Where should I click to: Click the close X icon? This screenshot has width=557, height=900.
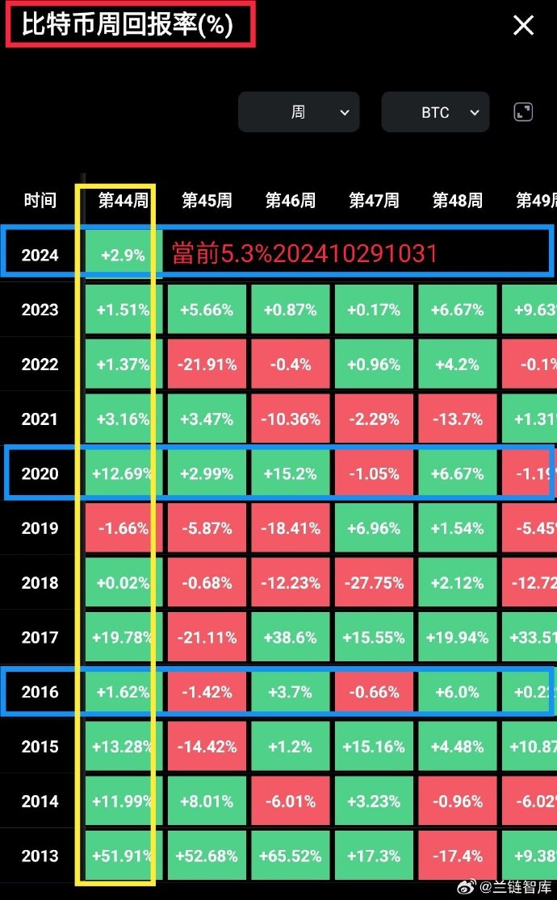tap(524, 26)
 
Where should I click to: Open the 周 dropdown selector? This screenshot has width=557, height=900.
tap(299, 112)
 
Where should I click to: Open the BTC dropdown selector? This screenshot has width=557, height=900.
tap(435, 112)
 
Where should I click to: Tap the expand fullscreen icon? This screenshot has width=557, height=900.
tap(523, 112)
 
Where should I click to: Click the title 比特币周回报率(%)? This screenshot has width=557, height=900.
tap(128, 24)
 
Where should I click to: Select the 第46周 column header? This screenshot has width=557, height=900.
tap(291, 200)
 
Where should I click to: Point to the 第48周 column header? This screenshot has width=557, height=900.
tap(458, 200)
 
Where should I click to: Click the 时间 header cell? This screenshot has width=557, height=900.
tap(40, 200)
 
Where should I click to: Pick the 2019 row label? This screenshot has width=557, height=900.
tap(40, 528)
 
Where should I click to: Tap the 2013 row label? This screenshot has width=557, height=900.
tap(40, 856)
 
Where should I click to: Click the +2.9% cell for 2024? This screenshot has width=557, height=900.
tap(123, 255)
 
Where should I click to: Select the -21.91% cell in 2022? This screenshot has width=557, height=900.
tap(207, 365)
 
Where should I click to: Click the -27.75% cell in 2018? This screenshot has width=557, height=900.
tap(374, 583)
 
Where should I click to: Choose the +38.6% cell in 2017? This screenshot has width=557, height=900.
tap(291, 637)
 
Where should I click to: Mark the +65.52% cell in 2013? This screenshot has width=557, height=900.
tap(291, 856)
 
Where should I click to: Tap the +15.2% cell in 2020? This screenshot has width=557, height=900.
tap(291, 473)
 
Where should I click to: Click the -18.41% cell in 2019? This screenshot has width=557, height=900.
tap(291, 528)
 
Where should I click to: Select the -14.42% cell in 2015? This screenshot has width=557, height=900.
tap(207, 747)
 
